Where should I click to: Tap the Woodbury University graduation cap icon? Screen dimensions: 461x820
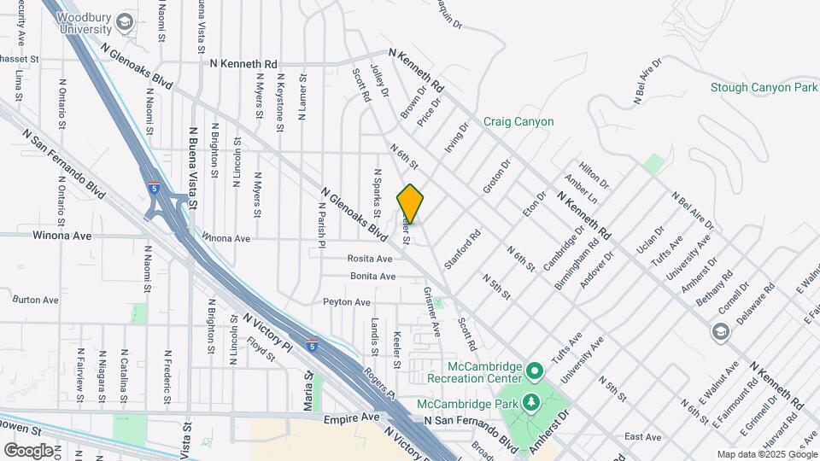click(x=126, y=21)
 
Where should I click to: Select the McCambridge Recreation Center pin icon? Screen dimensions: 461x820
click(x=535, y=371)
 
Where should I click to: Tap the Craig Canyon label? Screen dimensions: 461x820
click(x=518, y=122)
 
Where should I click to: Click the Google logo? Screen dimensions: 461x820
click(x=28, y=450)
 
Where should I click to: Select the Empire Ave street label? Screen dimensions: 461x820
click(x=351, y=419)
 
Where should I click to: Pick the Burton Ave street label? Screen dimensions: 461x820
click(x=35, y=301)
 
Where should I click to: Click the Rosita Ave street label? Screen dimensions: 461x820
click(x=370, y=259)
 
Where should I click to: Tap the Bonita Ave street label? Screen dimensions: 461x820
click(x=373, y=277)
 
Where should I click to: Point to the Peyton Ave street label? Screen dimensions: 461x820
click(x=347, y=302)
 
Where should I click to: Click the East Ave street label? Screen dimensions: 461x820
click(x=642, y=437)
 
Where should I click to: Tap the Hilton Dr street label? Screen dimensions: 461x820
click(x=594, y=177)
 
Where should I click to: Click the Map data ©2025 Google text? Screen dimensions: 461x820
click(x=766, y=454)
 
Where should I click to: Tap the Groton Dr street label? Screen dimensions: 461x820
click(x=495, y=176)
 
